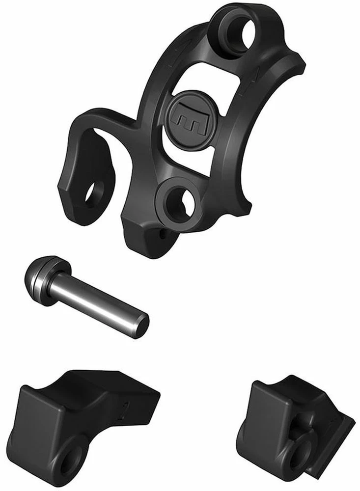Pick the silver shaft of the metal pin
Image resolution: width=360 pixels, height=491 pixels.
(98, 300)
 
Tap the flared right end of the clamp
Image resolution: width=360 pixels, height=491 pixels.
(292, 69)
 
